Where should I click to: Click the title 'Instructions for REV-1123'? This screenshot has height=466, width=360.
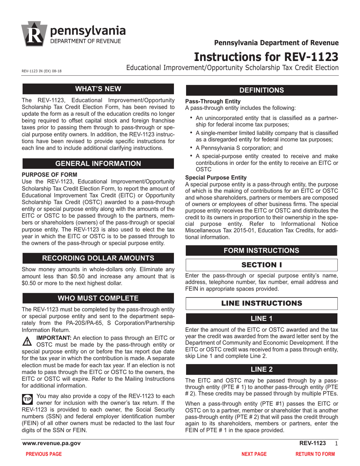coord(266,56)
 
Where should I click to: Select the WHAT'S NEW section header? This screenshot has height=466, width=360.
coord(98,89)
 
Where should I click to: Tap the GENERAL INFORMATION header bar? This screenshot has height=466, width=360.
coord(98,164)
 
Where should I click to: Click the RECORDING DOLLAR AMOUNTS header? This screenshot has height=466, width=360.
coord(98,258)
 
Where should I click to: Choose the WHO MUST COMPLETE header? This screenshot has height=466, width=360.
coord(98,298)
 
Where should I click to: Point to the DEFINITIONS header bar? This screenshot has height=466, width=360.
coord(261,90)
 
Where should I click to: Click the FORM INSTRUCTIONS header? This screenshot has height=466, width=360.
coord(261,250)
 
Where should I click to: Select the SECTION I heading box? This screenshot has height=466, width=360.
coord(261,264)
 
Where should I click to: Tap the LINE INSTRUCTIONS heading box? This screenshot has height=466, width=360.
coord(261,303)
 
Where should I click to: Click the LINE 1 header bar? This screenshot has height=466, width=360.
coord(261,319)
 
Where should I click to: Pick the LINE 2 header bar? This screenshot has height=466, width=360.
coord(261,369)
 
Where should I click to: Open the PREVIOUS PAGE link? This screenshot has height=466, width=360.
coord(43,454)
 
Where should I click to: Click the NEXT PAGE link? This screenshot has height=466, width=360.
coord(254,454)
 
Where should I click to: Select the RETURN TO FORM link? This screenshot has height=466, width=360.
coord(315,454)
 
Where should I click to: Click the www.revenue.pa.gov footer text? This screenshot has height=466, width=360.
coord(52,443)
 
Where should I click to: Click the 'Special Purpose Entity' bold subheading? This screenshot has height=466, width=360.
coord(215,177)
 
